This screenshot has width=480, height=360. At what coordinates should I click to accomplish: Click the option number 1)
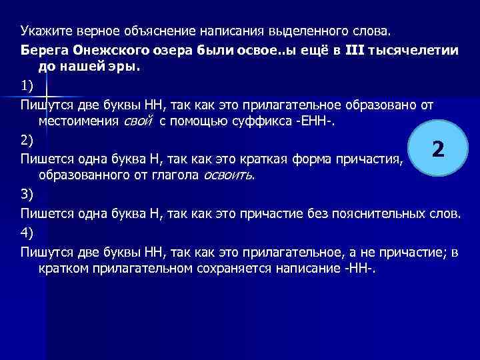click(26, 86)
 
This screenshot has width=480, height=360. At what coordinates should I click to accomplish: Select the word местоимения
click(80, 121)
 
